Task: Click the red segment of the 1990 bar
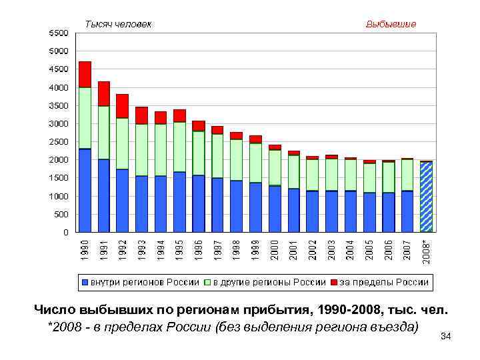[85, 74]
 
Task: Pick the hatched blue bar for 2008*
[426, 197]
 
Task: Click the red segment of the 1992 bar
[122, 106]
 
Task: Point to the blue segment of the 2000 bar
[275, 209]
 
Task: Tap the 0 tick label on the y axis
[65, 233]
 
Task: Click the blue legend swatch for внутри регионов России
[85, 283]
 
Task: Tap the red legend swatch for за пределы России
[333, 283]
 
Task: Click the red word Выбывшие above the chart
[391, 24]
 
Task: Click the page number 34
[446, 336]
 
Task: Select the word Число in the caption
[55, 311]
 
